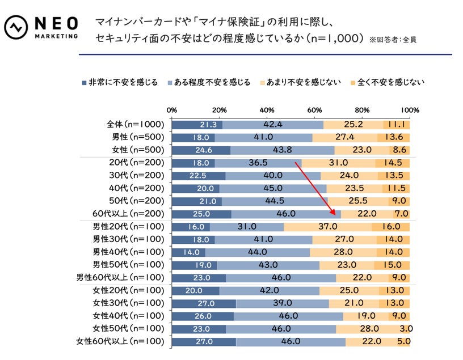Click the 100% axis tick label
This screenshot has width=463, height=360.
pyautogui.click(x=409, y=110)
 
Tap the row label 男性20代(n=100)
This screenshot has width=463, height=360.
pyautogui.click(x=128, y=227)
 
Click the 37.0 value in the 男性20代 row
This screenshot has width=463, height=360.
pyautogui.click(x=327, y=227)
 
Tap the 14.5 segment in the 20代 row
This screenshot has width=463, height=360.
pyautogui.click(x=393, y=163)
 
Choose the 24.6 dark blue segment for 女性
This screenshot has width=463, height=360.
pyautogui.click(x=200, y=150)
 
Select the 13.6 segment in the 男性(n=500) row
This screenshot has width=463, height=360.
pyautogui.click(x=394, y=138)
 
